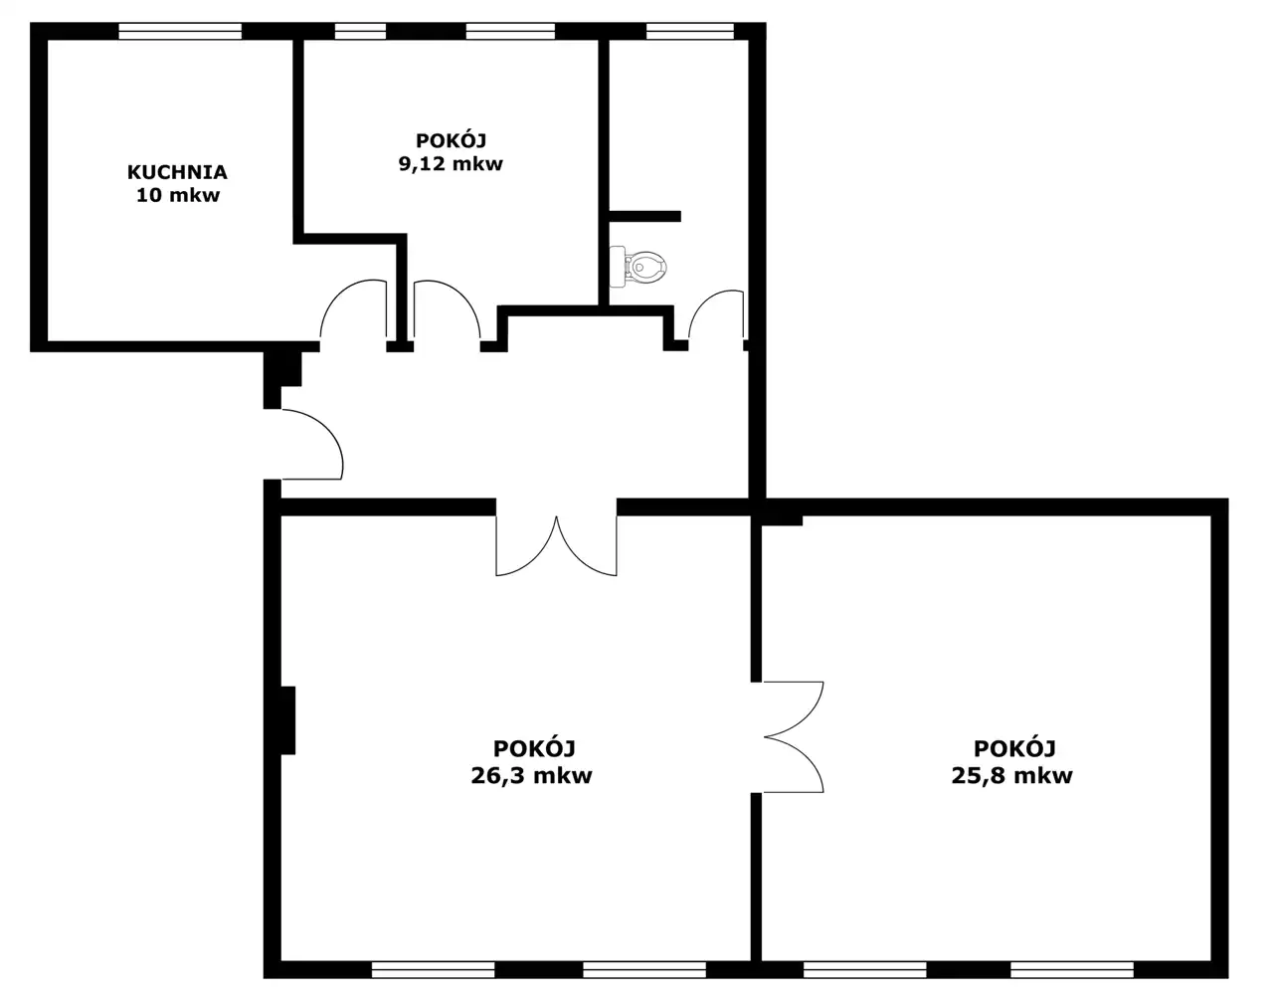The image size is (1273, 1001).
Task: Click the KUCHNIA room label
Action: click(x=177, y=172)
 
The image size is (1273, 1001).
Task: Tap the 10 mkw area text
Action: click(x=178, y=195)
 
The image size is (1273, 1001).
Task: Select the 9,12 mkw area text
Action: click(x=451, y=163)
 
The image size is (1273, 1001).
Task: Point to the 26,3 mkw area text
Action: click(x=531, y=775)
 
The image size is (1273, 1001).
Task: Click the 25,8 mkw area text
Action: click(x=1011, y=775)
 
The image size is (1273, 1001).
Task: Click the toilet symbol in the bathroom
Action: click(x=637, y=267)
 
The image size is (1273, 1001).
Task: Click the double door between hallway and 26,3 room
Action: click(x=556, y=545)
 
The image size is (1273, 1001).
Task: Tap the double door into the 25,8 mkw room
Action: click(x=794, y=737)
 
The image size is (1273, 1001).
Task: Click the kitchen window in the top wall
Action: click(x=180, y=31)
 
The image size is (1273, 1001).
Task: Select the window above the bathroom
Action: click(x=689, y=31)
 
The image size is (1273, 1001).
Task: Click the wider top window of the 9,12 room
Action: click(x=510, y=31)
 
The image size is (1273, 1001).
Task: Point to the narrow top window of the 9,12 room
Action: click(x=360, y=31)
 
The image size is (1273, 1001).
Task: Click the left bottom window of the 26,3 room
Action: click(x=433, y=970)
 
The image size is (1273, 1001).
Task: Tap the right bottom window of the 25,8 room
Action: click(x=1072, y=970)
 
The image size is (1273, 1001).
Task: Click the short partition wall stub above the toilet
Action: click(x=645, y=216)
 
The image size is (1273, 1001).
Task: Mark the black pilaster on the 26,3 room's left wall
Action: click(x=287, y=720)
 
